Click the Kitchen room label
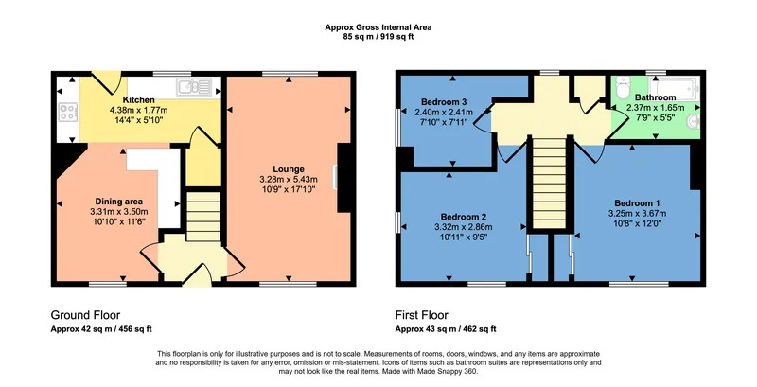[138, 100]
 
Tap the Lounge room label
[289, 169]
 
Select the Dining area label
[119, 202]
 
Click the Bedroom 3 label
[444, 102]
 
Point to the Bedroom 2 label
[464, 217]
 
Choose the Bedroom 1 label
[637, 203]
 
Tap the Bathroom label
[655, 97]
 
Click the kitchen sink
[194, 87]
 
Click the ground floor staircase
[203, 216]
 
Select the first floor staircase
[550, 183]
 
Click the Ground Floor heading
[85, 316]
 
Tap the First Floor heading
[422, 316]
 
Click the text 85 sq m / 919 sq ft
[378, 36]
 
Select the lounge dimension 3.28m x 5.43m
[289, 180]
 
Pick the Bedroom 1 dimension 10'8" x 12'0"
[637, 223]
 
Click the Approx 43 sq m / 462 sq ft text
[446, 329]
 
